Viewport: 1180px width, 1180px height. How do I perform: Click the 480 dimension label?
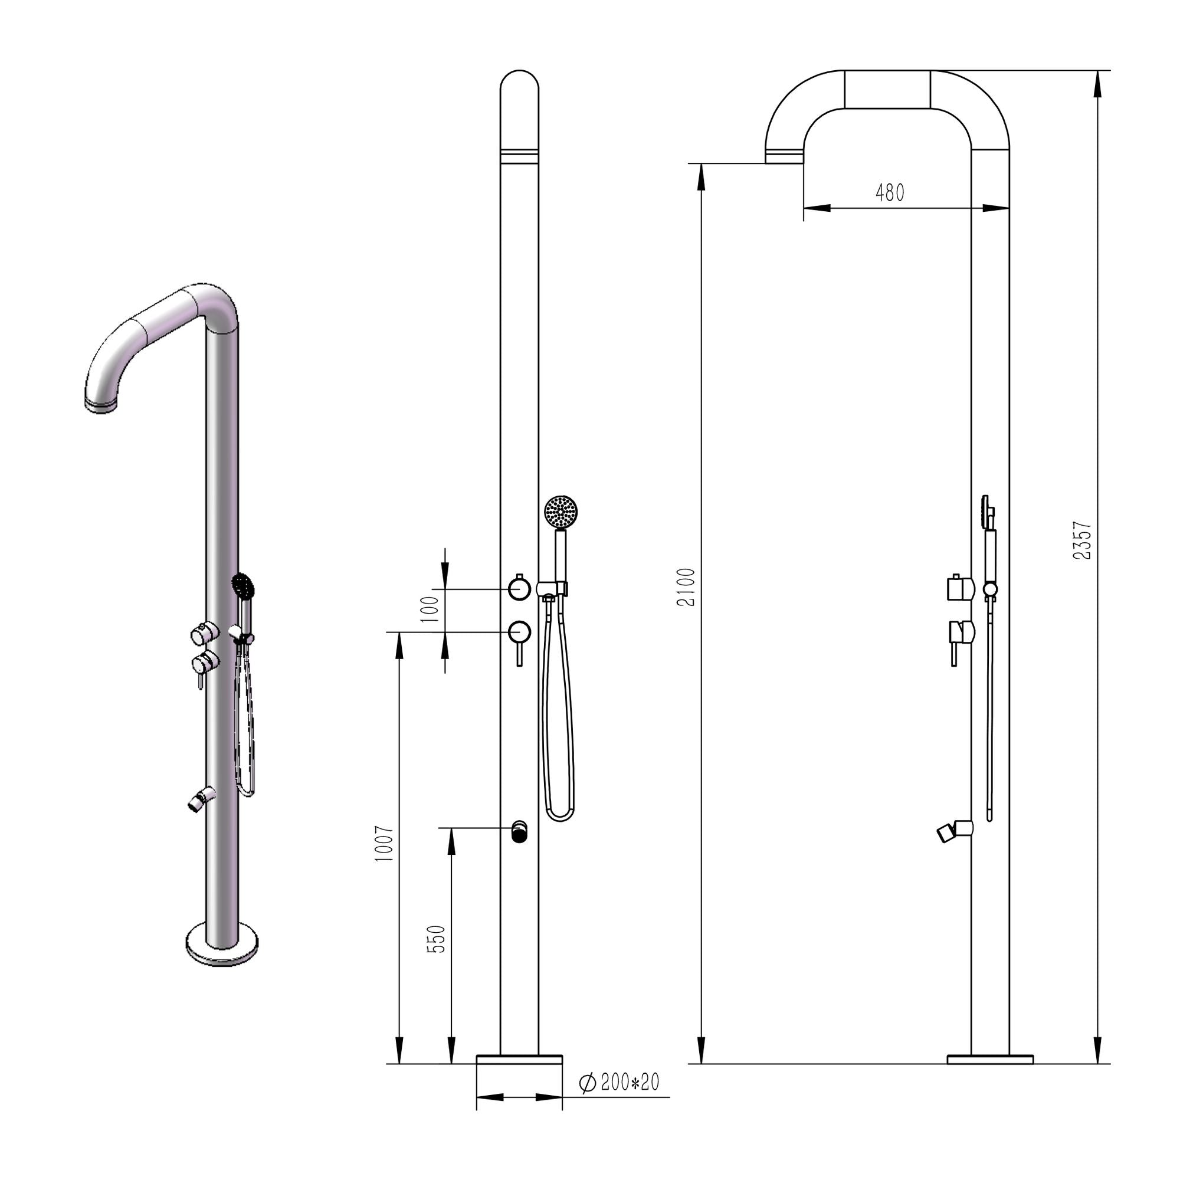(889, 193)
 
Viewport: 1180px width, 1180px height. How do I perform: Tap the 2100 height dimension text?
(687, 587)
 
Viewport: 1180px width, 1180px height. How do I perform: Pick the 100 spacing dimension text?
(431, 609)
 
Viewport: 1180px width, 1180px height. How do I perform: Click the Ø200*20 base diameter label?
(621, 1083)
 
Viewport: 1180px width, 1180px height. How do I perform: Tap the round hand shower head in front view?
(560, 510)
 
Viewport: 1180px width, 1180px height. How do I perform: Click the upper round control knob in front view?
(519, 588)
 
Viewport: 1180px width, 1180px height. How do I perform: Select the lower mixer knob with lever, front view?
(520, 632)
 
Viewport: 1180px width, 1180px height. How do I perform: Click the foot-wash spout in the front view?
(519, 831)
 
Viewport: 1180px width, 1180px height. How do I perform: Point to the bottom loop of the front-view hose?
(559, 816)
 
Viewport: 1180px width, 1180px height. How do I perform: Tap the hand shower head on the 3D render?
(242, 585)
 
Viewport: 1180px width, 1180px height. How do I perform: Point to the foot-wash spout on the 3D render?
(201, 799)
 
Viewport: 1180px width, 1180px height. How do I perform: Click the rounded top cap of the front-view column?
(519, 86)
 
